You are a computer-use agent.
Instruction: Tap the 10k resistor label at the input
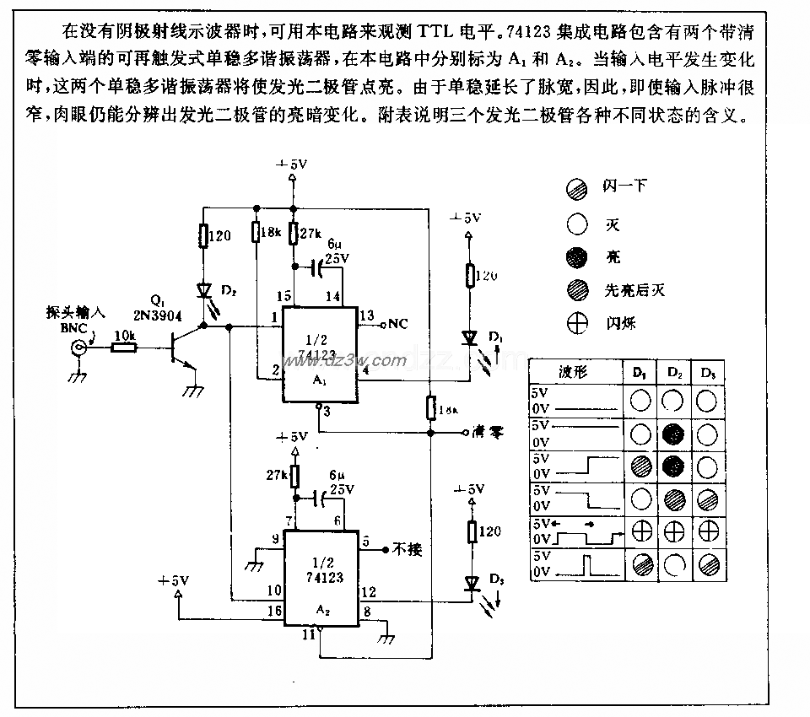[x=124, y=335]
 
